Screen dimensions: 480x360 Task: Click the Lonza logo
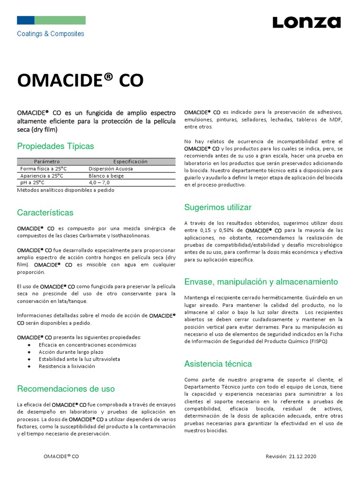(x=307, y=22)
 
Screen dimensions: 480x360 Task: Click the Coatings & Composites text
(x=51, y=34)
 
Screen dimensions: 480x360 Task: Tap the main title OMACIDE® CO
(x=80, y=80)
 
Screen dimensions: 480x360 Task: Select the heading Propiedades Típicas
(x=55, y=146)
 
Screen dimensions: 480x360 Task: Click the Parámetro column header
(x=47, y=161)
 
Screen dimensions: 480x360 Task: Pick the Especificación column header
(x=130, y=161)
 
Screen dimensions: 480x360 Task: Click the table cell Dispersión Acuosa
(x=111, y=169)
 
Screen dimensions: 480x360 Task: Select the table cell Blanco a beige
(x=107, y=176)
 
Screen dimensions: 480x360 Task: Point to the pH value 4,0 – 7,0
(x=99, y=183)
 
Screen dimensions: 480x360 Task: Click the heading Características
(x=45, y=212)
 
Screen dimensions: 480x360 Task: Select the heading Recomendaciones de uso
(x=66, y=389)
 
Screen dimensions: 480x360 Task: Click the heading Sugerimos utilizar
(x=218, y=207)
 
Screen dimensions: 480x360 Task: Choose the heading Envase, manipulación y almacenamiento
(x=261, y=282)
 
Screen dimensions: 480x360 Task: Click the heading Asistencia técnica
(x=218, y=364)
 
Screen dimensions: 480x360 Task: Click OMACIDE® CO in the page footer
(x=61, y=456)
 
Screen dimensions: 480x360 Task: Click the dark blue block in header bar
(x=26, y=20)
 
